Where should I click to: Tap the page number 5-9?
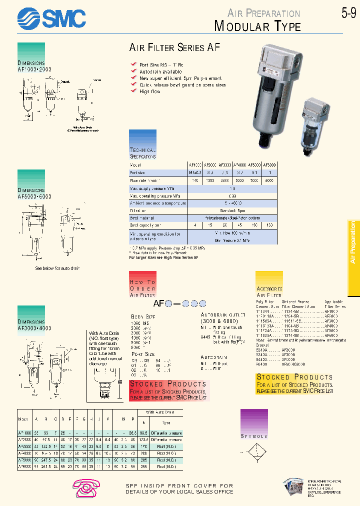[x=348, y=13]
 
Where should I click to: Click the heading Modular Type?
[x=257, y=26]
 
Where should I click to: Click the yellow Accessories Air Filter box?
[x=269, y=285]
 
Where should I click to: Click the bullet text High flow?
[x=150, y=91]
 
